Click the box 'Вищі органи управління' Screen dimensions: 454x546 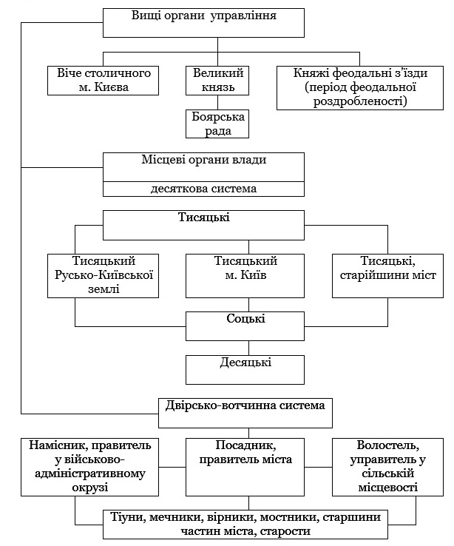pyautogui.click(x=203, y=23)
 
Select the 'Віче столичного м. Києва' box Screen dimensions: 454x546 pyautogui.click(x=103, y=81)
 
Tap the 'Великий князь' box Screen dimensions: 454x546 pyautogui.click(x=217, y=81)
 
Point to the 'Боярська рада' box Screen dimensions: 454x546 pyautogui.click(x=217, y=124)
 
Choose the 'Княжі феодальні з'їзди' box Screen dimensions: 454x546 pyautogui.click(x=360, y=88)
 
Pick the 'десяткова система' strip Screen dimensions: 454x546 pyautogui.click(x=203, y=189)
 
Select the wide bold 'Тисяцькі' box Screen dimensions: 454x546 pyautogui.click(x=203, y=225)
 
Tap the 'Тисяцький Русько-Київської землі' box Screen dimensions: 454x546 pyautogui.click(x=103, y=276)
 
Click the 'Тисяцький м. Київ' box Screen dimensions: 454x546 pyautogui.click(x=245, y=276)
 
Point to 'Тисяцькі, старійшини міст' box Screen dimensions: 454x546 pyautogui.click(x=388, y=276)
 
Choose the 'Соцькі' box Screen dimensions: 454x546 pyautogui.click(x=245, y=326)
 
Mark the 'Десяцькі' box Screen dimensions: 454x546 pyautogui.click(x=245, y=370)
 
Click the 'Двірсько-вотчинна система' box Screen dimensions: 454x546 pyautogui.click(x=245, y=413)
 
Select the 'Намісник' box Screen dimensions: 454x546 pyautogui.click(x=89, y=467)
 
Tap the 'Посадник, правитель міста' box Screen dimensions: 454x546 pyautogui.click(x=245, y=467)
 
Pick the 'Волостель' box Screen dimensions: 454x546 pyautogui.click(x=388, y=467)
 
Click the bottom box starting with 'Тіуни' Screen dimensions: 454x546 pyautogui.click(x=245, y=525)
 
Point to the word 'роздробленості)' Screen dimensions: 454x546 pyautogui.click(x=360, y=101)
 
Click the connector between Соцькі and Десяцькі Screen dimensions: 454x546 pyautogui.click(x=248, y=348)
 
